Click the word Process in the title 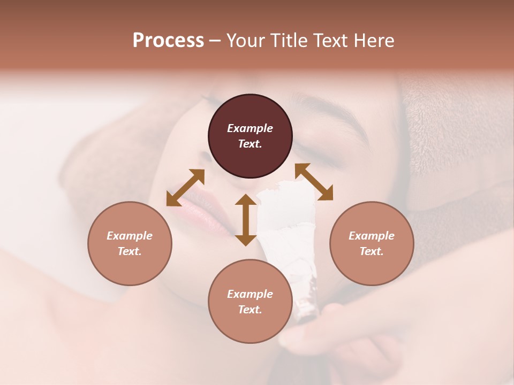(168, 41)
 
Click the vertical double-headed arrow (246, 220)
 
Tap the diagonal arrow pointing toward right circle (314, 182)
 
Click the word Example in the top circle (250, 128)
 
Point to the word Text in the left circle (130, 251)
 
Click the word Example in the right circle (372, 236)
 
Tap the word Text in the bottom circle (250, 310)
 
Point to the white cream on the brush (286, 225)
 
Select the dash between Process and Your (215, 41)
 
